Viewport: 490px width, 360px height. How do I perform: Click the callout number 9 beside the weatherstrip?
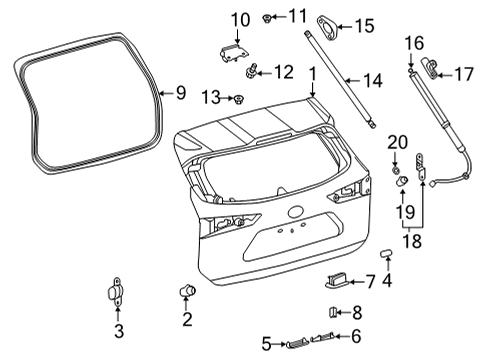tap(180, 93)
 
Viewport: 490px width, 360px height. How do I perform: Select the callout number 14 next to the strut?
tap(372, 79)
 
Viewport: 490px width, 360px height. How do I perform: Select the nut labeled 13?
tap(240, 98)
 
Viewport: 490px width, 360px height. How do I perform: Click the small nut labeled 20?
tap(396, 161)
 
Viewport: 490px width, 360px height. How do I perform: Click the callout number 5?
tap(264, 344)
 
